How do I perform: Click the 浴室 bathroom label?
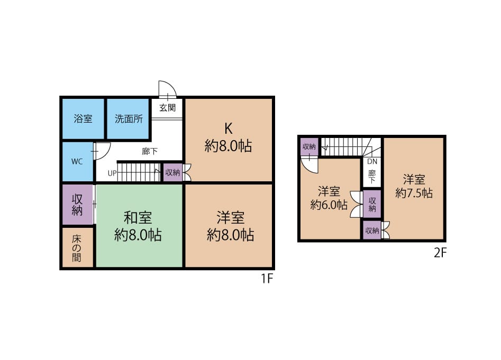click(x=83, y=119)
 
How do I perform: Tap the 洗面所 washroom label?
click(x=129, y=119)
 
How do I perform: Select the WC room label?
click(x=77, y=161)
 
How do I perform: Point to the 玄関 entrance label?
click(x=167, y=108)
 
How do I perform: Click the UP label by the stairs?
click(x=112, y=173)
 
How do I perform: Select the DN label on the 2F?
click(x=372, y=161)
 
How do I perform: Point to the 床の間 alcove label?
click(x=77, y=248)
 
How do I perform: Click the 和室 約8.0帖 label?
click(x=138, y=226)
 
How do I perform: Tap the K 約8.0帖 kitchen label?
click(x=228, y=137)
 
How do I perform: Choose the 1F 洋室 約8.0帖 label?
click(x=230, y=226)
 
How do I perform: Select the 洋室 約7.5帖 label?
click(x=414, y=187)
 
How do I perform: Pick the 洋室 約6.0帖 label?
click(x=329, y=198)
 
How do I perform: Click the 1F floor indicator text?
click(x=267, y=279)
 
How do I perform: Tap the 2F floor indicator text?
click(x=440, y=253)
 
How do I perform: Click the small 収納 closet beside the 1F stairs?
click(x=173, y=173)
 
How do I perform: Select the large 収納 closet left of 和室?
click(x=77, y=205)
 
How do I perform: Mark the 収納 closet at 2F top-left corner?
click(x=309, y=147)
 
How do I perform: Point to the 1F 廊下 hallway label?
click(x=150, y=151)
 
